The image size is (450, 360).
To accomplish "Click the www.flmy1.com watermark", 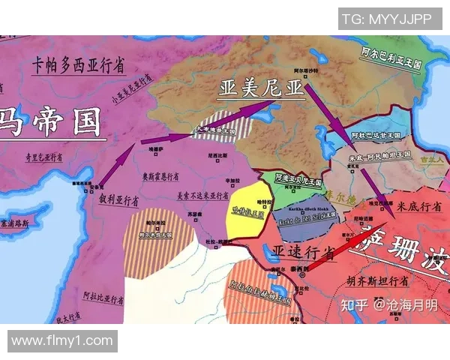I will click(62, 341).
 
